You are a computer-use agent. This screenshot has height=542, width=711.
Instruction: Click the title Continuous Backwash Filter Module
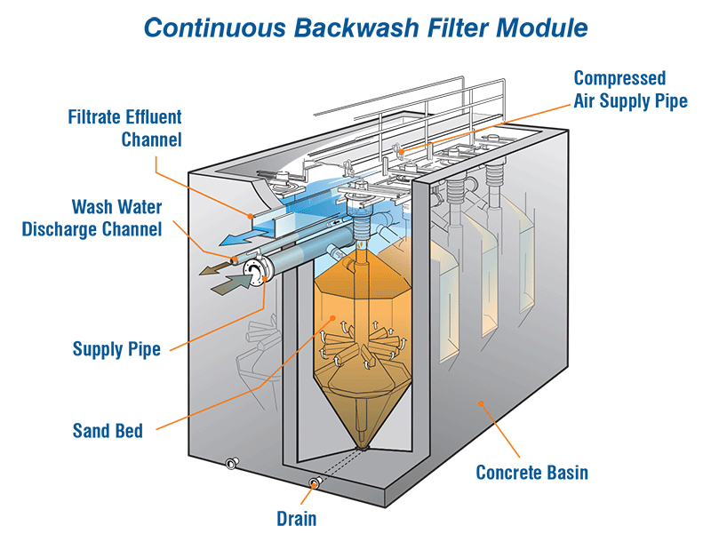pos(365,28)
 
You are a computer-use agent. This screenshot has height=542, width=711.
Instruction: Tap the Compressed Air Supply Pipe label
pos(630,89)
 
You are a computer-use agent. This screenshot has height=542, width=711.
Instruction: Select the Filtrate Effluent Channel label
pos(125,128)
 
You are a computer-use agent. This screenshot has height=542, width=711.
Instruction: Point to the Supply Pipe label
pos(116,348)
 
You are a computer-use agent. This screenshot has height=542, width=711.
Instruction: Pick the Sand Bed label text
pos(108,432)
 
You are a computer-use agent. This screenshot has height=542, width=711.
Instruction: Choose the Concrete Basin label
pos(531,472)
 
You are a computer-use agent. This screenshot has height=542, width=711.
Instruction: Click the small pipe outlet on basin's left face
pos(232,463)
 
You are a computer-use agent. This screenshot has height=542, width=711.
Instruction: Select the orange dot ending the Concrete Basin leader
pos(481,405)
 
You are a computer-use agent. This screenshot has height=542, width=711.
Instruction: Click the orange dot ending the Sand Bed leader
pos(331,317)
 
